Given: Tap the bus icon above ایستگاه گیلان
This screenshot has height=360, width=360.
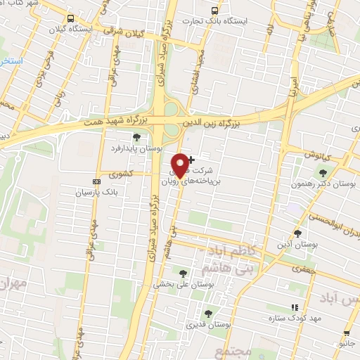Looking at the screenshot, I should (x=69, y=18).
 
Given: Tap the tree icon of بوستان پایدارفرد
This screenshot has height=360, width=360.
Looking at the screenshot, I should (x=136, y=136).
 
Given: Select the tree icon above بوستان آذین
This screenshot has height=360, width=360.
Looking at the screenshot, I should (x=297, y=233).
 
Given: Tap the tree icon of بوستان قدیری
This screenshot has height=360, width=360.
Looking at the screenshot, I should (x=207, y=314).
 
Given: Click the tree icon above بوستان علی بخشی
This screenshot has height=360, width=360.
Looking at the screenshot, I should (x=184, y=274).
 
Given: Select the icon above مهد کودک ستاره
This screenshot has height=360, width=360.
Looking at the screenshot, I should (x=295, y=308).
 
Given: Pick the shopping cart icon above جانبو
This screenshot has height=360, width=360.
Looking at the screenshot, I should (x=346, y=333).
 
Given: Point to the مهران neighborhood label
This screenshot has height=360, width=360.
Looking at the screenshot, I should (x=13, y=284).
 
